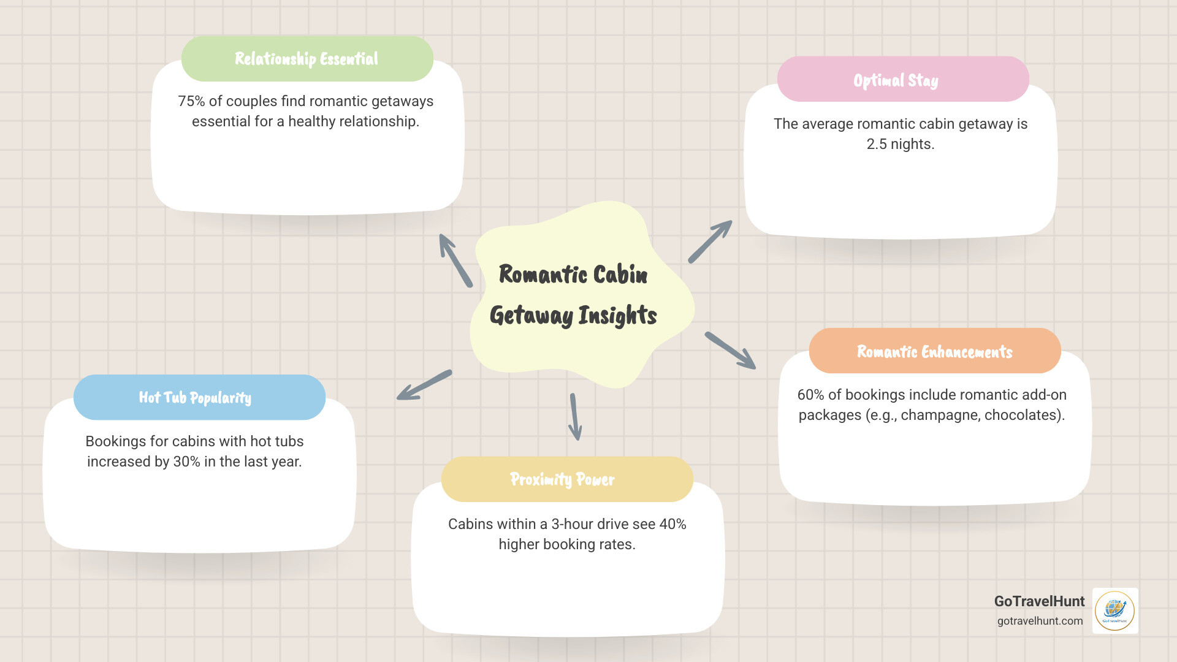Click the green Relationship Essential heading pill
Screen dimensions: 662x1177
307,59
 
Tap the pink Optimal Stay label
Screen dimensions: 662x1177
896,80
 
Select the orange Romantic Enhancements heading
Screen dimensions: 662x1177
934,351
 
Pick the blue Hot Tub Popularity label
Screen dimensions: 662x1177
195,398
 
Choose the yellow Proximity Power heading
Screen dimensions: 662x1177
562,479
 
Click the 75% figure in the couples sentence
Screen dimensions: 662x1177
191,101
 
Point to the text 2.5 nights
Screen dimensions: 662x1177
900,144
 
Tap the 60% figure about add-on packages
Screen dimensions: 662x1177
810,395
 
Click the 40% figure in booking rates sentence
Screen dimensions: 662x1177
672,524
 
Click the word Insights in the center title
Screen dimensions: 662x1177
617,316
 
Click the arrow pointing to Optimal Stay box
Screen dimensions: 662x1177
710,242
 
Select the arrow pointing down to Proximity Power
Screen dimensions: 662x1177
574,417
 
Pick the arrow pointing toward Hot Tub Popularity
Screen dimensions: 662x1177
424,385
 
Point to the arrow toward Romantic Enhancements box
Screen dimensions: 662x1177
730,351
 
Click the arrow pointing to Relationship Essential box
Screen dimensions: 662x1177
455,260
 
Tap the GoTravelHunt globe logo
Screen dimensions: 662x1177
1114,611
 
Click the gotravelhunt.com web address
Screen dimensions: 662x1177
1040,621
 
